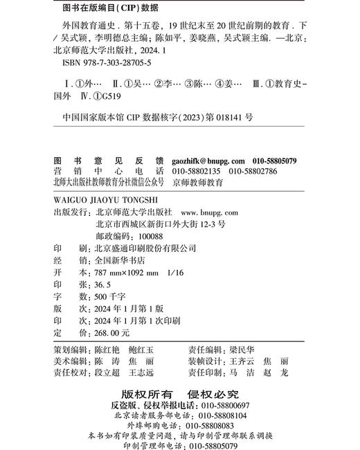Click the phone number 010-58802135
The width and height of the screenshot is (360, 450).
195,172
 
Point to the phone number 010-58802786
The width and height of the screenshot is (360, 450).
253,172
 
